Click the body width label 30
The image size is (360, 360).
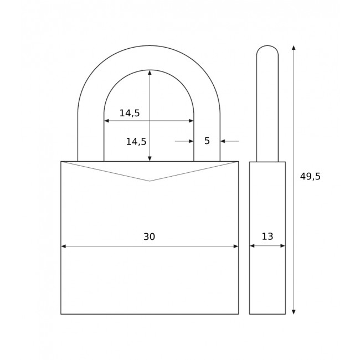pyautogui.click(x=149, y=237)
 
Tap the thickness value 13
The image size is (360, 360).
pyautogui.click(x=267, y=236)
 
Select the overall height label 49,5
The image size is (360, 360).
pyautogui.click(x=310, y=177)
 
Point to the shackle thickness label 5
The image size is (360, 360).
pyautogui.click(x=207, y=141)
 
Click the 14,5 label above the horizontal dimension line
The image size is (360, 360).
pyautogui.click(x=130, y=113)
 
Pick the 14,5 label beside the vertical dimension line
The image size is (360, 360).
pyautogui.click(x=136, y=142)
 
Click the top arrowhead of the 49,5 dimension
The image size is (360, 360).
pyautogui.click(x=294, y=48)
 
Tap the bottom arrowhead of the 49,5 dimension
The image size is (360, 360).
pyautogui.click(x=294, y=311)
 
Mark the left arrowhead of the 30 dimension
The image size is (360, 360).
pyautogui.click(x=64, y=246)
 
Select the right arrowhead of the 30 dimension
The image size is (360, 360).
pyautogui.click(x=235, y=246)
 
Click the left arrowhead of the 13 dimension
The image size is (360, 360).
pyautogui.click(x=252, y=245)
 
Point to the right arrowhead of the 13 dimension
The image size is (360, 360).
pyautogui.click(x=282, y=245)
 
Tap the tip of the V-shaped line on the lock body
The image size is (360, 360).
pyautogui.click(x=150, y=181)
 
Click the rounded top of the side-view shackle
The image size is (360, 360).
pyautogui.click(x=268, y=46)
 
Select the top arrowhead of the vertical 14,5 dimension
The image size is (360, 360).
pyautogui.click(x=150, y=73)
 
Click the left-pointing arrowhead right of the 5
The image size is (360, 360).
pyautogui.click(x=223, y=141)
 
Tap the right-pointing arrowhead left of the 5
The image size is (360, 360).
pyautogui.click(x=191, y=141)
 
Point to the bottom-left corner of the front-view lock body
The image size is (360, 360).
pyautogui.click(x=61, y=314)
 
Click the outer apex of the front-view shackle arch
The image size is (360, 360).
pyautogui.click(x=149, y=45)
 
